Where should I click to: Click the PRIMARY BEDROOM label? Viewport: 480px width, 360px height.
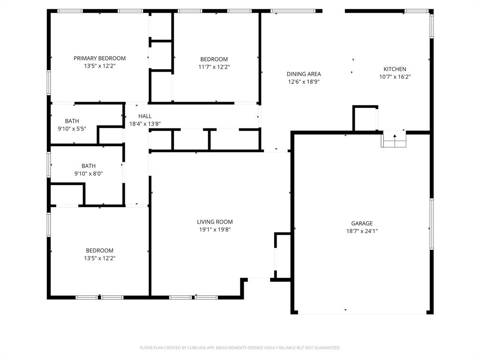click(99, 58)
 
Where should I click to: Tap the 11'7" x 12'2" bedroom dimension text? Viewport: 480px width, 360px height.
click(214, 67)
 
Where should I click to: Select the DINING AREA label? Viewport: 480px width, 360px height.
click(304, 74)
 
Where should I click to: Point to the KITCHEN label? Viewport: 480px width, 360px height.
click(395, 69)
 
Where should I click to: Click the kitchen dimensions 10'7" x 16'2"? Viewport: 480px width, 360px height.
click(395, 77)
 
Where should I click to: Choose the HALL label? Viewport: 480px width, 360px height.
click(145, 116)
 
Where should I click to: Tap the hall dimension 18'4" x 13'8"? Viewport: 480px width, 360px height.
click(145, 124)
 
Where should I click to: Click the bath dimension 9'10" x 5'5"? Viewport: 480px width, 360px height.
click(72, 128)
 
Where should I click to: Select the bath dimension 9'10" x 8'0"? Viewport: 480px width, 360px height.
click(88, 173)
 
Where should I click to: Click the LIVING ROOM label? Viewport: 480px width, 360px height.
click(215, 222)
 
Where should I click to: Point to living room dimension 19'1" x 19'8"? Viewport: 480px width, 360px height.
click(215, 230)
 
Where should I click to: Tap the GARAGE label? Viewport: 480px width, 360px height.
click(362, 223)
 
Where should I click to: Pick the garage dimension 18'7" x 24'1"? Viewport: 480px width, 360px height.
click(362, 231)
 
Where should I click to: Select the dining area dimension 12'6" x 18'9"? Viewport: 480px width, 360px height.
click(304, 82)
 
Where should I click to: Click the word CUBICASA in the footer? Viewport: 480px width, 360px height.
click(192, 348)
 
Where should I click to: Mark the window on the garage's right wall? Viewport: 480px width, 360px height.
click(431, 224)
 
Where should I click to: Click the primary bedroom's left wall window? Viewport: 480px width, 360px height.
click(48, 82)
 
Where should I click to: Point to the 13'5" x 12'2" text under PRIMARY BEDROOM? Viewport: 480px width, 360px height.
click(99, 66)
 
